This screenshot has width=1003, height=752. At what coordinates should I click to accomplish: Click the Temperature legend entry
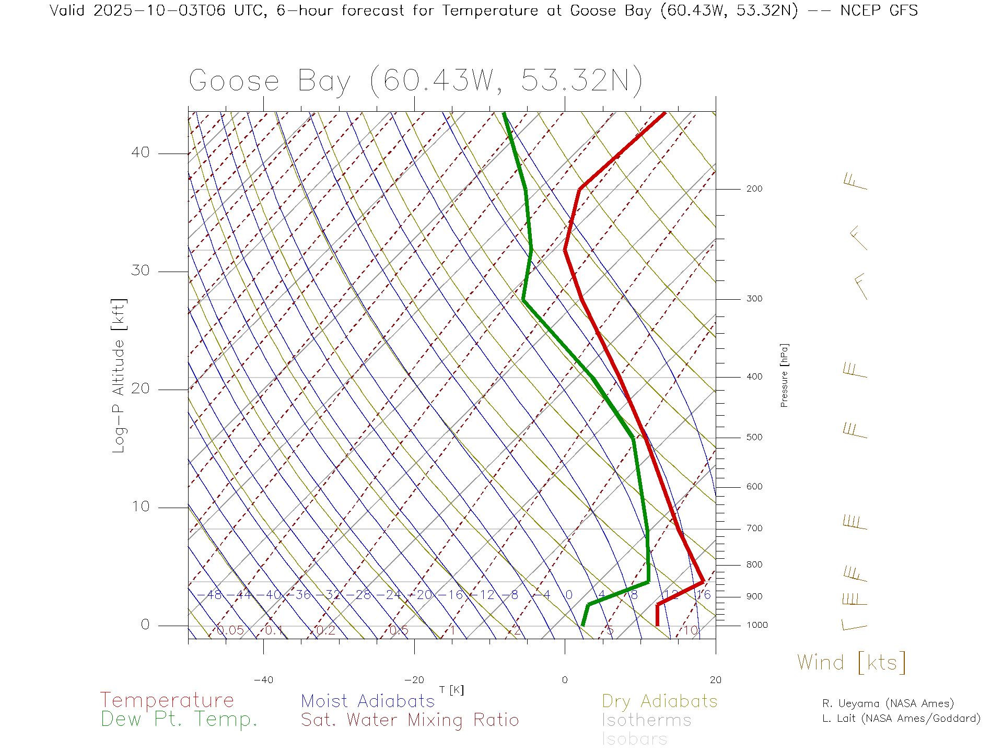point(167,700)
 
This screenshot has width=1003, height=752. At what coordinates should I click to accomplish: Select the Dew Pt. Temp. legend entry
point(179,720)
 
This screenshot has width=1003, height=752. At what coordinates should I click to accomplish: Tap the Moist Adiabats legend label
point(368,701)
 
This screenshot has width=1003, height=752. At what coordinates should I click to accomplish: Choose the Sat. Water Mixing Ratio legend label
point(410,720)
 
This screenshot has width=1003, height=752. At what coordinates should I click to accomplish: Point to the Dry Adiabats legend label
point(660,701)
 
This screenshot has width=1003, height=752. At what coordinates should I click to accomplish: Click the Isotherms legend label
point(647,720)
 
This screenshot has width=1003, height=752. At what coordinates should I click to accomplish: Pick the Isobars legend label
point(635,739)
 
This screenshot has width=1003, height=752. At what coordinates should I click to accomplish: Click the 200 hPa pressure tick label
point(754,189)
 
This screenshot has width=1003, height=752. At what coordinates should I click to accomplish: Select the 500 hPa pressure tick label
point(754,438)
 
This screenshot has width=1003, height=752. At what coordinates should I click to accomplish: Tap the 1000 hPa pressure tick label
point(757,625)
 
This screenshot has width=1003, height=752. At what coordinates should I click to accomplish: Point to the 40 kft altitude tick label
point(141,152)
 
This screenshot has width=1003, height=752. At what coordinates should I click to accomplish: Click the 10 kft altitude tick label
point(141,507)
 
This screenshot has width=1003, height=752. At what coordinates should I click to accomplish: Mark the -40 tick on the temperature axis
point(263,680)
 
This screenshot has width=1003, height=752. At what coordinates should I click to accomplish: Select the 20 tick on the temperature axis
point(715,680)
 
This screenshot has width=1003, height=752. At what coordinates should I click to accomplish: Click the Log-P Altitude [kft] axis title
point(119,376)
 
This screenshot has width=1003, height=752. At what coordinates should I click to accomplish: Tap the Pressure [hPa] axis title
point(784,375)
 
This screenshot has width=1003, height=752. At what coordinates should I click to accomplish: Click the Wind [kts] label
point(852,663)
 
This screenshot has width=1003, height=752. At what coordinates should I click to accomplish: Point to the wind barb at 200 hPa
point(855,182)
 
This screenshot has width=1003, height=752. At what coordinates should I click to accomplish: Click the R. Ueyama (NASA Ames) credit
point(888,703)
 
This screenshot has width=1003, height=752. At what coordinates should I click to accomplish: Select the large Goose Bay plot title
point(415,81)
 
